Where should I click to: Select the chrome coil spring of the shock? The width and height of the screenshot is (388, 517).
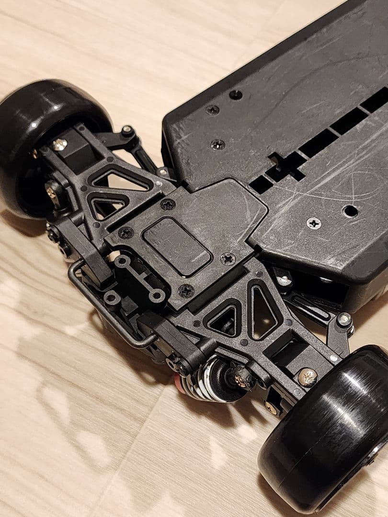point(213,378)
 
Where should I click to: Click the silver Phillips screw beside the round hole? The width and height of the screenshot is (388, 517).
point(314,223)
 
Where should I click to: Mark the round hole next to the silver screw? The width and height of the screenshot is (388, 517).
point(350,211)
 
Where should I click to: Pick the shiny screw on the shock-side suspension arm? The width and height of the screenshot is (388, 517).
point(307,377)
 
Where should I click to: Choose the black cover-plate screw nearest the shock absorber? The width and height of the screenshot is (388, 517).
point(186,290)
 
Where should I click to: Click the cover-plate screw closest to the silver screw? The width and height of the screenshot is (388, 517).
point(228,259)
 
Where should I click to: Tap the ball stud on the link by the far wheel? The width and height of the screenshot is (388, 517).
point(127,131)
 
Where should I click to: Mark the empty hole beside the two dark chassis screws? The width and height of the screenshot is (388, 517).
point(235,95)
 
